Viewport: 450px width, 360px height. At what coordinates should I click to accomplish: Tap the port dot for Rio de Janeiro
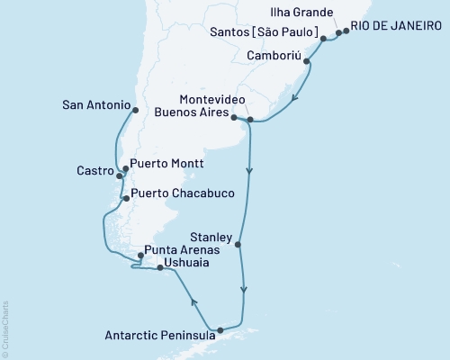click(346, 31)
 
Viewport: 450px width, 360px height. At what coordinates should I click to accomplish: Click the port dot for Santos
click(323, 40)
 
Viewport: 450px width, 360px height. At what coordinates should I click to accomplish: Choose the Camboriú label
click(274, 54)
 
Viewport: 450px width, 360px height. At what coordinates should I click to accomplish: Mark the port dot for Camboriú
click(308, 61)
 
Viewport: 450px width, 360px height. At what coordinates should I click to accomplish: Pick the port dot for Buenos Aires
click(234, 118)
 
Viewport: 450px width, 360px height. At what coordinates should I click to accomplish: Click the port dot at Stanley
click(239, 244)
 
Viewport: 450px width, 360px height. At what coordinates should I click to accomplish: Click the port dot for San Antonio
click(134, 111)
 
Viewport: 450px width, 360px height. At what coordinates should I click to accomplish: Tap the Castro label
click(93, 169)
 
